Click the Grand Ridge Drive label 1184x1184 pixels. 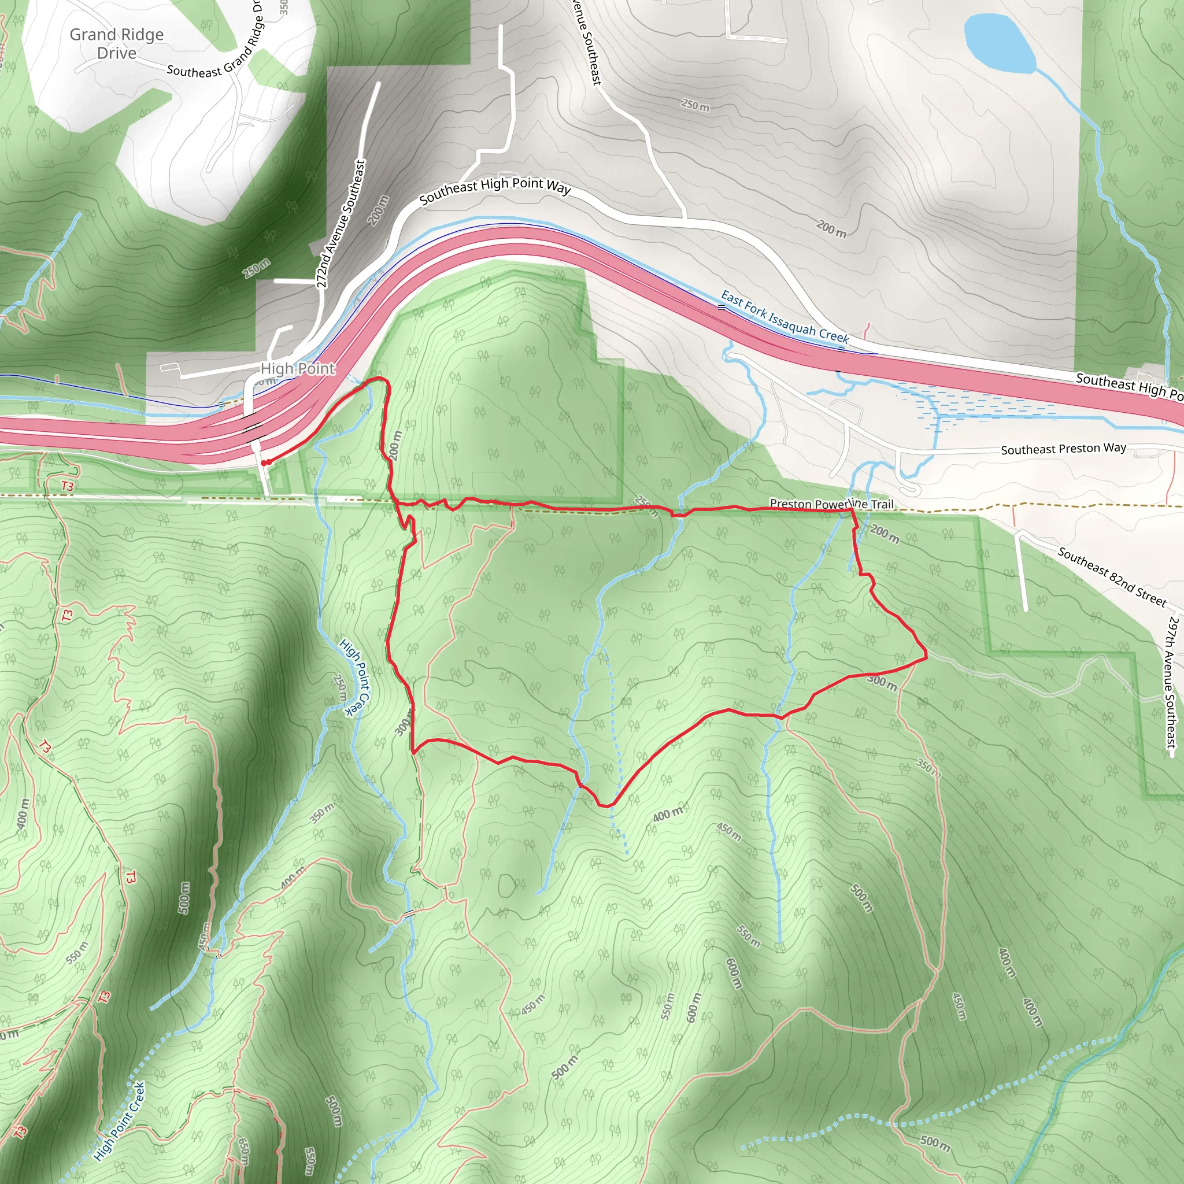pyautogui.click(x=116, y=43)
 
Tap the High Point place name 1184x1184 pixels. pyautogui.click(x=298, y=368)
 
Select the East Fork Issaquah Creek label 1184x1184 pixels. pyautogui.click(x=785, y=317)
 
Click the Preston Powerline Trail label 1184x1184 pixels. pyautogui.click(x=831, y=504)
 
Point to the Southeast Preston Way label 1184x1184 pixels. pyautogui.click(x=1063, y=449)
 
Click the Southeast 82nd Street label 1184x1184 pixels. pyautogui.click(x=1112, y=576)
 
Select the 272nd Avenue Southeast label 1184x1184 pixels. pyautogui.click(x=341, y=224)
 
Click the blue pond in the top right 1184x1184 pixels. pyautogui.click(x=998, y=42)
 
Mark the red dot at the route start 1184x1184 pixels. pyautogui.click(x=264, y=463)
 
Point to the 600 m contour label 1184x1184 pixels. pyautogui.click(x=734, y=973)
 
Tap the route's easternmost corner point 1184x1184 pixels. pyautogui.click(x=926, y=657)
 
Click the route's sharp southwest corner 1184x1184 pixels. pyautogui.click(x=414, y=752)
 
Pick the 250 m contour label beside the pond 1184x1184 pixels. pyautogui.click(x=695, y=105)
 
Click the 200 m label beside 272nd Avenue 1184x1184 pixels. pyautogui.click(x=379, y=210)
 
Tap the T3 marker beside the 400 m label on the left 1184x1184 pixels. pyautogui.click(x=44, y=747)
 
